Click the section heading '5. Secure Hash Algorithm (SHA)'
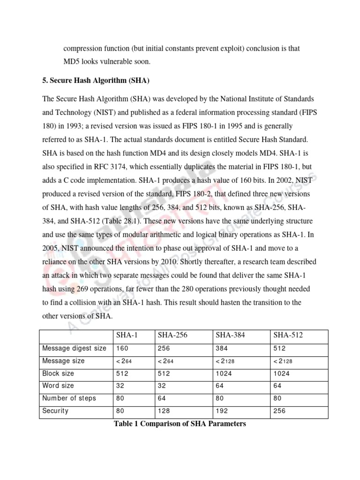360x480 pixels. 96,81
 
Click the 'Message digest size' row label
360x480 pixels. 74,348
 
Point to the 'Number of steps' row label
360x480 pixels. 69,398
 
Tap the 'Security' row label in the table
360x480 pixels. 55,411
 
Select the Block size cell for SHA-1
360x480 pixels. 121,374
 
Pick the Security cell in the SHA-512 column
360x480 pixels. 279,411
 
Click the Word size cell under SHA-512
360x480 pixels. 277,386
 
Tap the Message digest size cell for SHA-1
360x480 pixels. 121,348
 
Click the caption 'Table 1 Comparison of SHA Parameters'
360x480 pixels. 180,424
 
